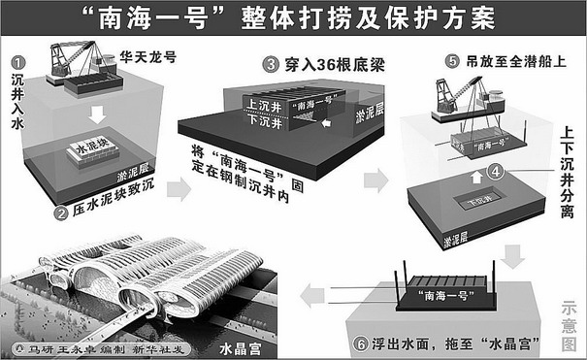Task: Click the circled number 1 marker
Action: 18,62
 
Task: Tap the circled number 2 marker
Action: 61,214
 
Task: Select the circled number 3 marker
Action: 271,65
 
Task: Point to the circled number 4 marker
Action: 495,172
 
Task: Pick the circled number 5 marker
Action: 452,61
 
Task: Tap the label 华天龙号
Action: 147,57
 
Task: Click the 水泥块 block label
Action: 92,146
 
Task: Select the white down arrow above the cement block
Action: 97,115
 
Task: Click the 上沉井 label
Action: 264,106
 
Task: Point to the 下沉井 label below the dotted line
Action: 265,121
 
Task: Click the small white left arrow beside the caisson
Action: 327,122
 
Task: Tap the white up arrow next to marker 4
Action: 476,177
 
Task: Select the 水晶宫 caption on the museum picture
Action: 240,349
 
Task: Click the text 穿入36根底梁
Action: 335,65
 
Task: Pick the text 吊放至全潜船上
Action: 516,61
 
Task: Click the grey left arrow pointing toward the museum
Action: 312,295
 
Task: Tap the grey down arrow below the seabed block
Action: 512,257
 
